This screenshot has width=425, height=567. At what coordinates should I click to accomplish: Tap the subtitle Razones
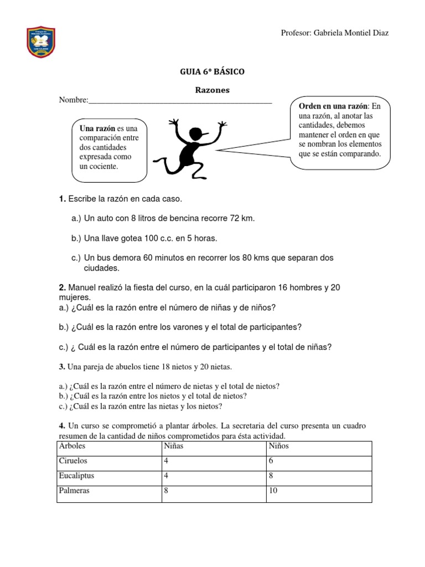(212, 90)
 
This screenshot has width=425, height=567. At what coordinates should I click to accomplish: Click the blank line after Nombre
(180, 101)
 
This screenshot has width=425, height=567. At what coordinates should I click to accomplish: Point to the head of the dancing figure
(196, 134)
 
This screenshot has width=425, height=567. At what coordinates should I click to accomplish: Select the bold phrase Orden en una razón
(333, 106)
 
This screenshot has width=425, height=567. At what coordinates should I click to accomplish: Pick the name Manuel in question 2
(82, 288)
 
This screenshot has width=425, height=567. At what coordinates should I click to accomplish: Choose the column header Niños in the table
(279, 445)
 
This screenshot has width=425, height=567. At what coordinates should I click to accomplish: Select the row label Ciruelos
(73, 461)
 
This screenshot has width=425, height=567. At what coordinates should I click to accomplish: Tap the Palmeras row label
(74, 491)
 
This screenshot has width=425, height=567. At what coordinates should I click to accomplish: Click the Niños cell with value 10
(273, 491)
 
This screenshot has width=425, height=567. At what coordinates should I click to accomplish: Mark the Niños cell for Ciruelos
(271, 461)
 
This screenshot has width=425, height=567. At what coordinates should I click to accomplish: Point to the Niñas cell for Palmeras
(167, 491)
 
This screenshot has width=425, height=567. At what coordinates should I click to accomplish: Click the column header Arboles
(72, 445)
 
